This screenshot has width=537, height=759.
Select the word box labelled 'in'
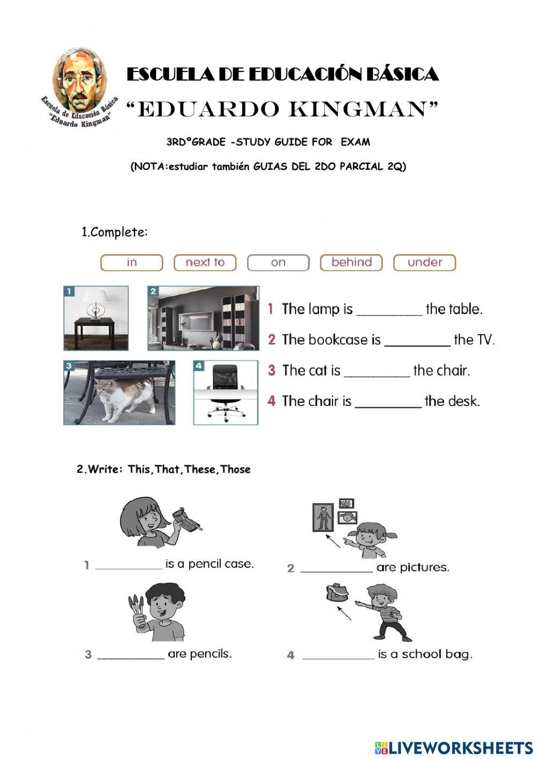pos(132,263)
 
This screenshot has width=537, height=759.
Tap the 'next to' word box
pos(205,263)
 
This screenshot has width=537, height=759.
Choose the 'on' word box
pos(278,263)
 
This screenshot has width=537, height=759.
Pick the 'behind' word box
pos(351,263)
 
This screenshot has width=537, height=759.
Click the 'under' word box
pos(425,263)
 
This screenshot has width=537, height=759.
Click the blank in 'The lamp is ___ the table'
pos(389,310)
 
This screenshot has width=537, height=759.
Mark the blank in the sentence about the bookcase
pos(417,341)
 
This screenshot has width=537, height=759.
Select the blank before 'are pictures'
pos(336,568)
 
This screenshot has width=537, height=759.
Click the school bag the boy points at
pos(337,592)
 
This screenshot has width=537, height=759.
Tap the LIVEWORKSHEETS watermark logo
pos(454,748)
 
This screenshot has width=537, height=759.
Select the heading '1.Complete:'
pos(114,232)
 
